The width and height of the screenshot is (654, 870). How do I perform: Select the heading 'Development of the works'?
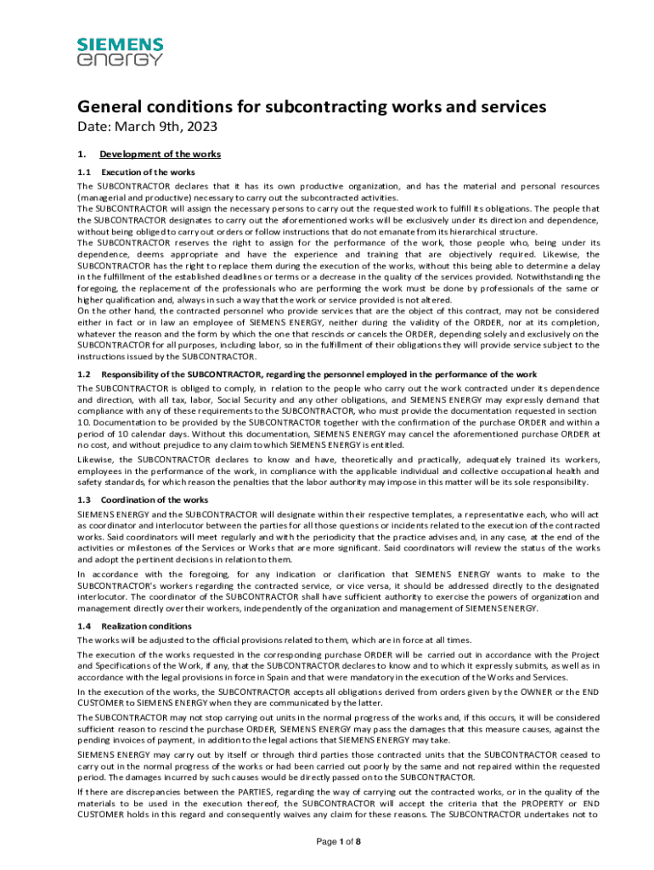(x=160, y=155)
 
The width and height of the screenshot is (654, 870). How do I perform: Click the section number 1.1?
(x=84, y=172)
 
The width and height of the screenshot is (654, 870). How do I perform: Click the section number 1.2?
(x=84, y=375)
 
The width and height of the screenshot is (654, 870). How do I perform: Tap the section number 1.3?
(x=84, y=500)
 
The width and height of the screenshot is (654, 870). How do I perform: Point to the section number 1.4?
(x=84, y=625)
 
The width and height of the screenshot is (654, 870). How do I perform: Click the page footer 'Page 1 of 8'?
(x=327, y=841)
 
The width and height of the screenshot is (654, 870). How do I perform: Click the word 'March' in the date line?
(x=134, y=127)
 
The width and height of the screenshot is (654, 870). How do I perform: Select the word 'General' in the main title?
(x=109, y=107)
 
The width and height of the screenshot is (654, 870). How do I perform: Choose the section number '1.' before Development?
(x=82, y=155)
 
